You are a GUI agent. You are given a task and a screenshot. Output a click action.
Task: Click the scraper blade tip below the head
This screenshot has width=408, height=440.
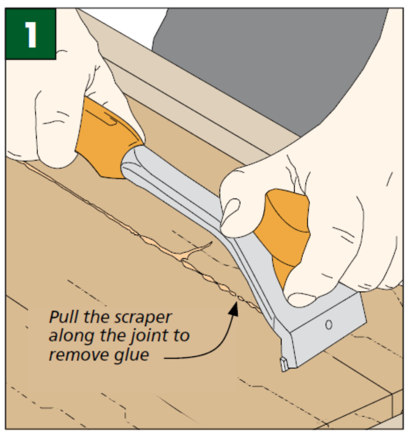coord(283,364)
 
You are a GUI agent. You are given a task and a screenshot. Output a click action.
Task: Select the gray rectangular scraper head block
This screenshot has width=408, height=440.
coord(325,332)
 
